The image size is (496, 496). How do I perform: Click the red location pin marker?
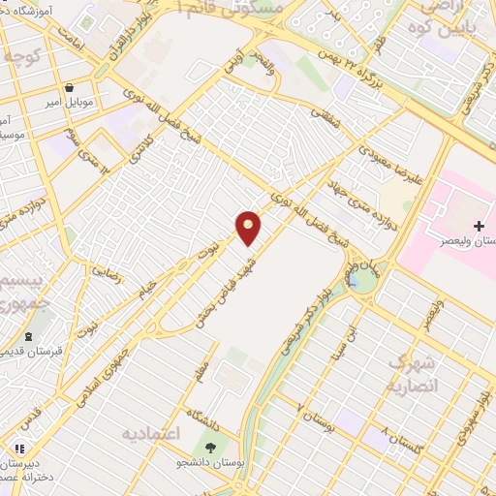249,227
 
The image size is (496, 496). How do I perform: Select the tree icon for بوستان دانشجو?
211,446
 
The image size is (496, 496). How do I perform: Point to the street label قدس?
32,418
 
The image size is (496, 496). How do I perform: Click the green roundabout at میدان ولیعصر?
362,282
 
